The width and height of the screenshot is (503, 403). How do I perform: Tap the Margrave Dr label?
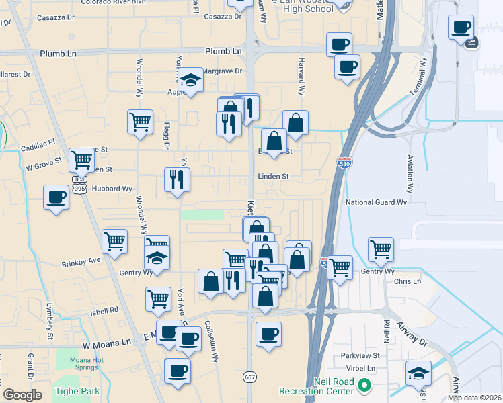[x=223, y=71]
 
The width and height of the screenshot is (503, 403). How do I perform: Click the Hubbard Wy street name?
[x=112, y=189]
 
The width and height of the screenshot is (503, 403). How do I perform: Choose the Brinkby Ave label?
[x=81, y=260]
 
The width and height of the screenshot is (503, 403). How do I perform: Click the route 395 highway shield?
[x=80, y=189]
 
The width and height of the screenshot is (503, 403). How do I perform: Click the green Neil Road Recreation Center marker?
[x=364, y=386]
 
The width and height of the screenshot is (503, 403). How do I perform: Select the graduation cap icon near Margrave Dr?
[x=192, y=81]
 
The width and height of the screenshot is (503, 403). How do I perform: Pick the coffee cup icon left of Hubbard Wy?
[x=56, y=197]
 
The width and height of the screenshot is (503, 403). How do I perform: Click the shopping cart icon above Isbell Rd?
[x=159, y=298]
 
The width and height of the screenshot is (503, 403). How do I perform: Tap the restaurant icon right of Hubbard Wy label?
[x=177, y=179]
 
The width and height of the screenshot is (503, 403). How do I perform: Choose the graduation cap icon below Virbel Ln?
[x=418, y=372]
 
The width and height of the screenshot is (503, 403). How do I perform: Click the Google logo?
[x=22, y=396]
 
